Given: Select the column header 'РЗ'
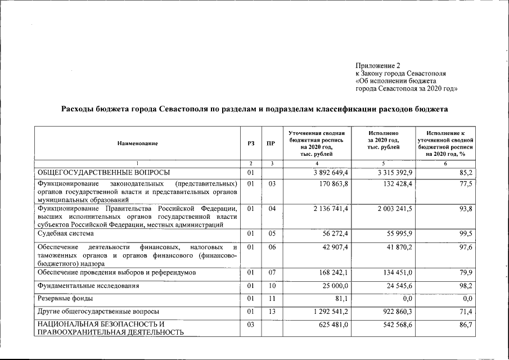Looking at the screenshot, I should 251,143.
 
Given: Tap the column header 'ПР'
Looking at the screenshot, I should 271,143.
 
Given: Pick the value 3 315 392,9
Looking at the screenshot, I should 395,172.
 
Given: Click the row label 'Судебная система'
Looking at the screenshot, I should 66,233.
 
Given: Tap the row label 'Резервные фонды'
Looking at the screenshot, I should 65,298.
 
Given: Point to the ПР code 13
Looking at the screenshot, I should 271,311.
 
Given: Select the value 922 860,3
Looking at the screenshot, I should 398,311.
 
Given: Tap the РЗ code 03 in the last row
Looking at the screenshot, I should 251,325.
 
